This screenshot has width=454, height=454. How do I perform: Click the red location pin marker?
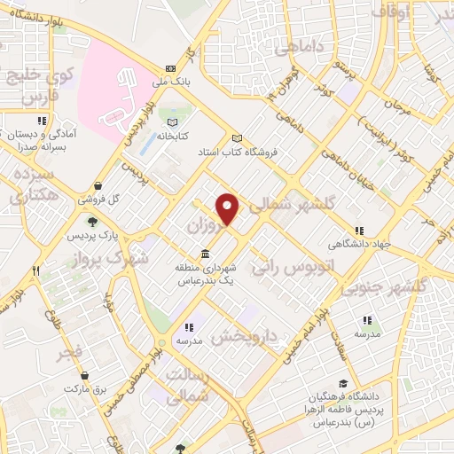[x=229, y=208]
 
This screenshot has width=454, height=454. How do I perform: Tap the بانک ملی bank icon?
[x=169, y=69]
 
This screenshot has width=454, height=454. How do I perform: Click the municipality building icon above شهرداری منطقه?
[x=207, y=254]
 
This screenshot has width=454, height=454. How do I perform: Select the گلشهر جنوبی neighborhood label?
[x=386, y=286]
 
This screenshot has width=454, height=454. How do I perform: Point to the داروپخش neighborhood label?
[x=247, y=335]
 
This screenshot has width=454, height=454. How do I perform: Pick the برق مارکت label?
[x=88, y=388]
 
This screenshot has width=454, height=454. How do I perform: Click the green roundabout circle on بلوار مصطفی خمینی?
[x=160, y=343]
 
